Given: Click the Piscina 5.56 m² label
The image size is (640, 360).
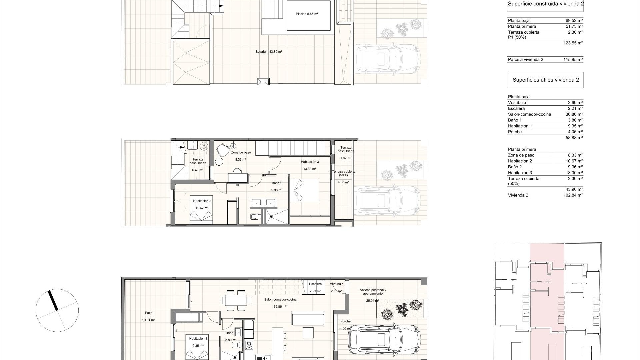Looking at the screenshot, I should (x=307, y=14).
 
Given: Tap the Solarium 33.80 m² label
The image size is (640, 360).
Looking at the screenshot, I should (x=269, y=52).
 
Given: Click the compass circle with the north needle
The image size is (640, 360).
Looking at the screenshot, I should (x=57, y=310).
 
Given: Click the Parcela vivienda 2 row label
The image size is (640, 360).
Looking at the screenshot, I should (x=525, y=60).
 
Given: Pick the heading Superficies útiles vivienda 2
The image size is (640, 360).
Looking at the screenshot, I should (x=545, y=80).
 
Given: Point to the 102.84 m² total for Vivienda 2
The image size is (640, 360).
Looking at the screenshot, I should (x=573, y=195).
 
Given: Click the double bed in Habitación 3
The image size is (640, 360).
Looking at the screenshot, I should (x=304, y=190).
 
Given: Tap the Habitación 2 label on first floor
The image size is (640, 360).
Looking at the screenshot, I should (x=202, y=201).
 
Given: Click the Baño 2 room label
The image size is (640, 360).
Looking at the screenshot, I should (x=277, y=183).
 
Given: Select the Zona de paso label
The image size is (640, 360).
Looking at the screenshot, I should (x=241, y=153).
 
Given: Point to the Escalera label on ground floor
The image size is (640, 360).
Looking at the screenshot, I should (x=315, y=284).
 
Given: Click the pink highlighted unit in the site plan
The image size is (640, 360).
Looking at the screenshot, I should (x=547, y=300).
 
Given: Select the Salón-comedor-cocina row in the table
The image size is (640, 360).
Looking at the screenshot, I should (x=529, y=114).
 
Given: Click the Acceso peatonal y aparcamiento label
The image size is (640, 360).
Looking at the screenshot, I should (x=373, y=292).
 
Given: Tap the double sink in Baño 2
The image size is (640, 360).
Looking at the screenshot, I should (x=263, y=202).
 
